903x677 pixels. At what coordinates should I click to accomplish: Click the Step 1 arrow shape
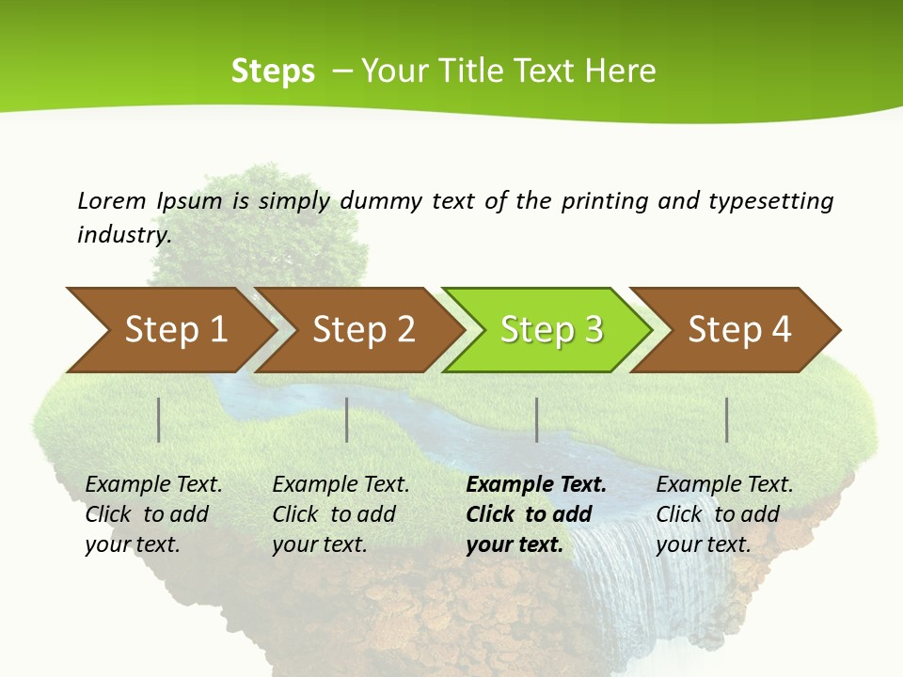click(175, 329)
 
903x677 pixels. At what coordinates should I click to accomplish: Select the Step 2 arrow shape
click(363, 329)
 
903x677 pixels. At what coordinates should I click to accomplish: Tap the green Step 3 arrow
click(550, 329)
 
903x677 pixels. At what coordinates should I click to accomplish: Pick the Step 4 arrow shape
click(738, 329)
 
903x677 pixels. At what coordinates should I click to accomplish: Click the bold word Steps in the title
click(273, 71)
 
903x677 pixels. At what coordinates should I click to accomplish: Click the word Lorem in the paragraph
click(111, 200)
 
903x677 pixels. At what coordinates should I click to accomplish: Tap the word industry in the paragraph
click(124, 235)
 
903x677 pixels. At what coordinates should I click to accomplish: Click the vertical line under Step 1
click(159, 419)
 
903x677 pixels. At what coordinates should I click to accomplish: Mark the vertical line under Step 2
click(347, 419)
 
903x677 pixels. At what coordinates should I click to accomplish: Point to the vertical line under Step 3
click(537, 419)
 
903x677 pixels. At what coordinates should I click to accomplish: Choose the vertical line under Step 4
click(727, 419)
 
